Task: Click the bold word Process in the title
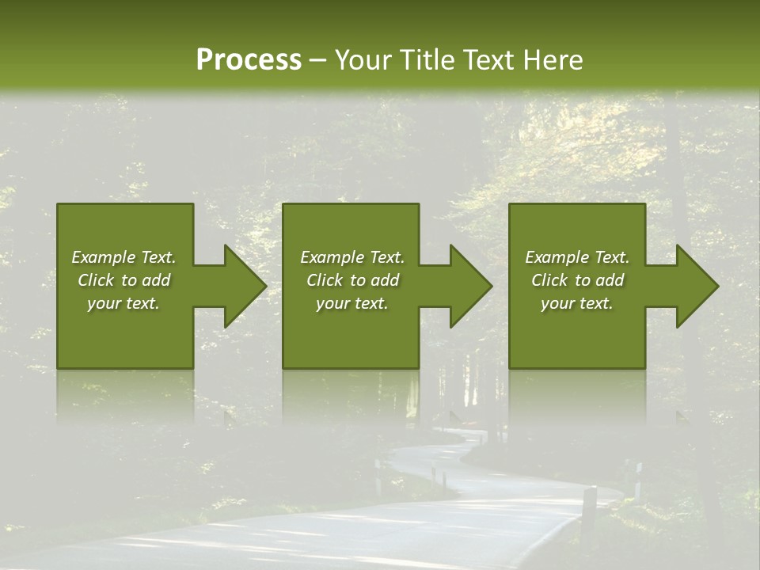(249, 60)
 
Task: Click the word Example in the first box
(103, 257)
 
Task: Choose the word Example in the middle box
(332, 257)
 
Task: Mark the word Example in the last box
(557, 257)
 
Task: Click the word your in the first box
(103, 303)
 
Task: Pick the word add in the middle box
(385, 280)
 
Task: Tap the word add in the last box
(610, 280)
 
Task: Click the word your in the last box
(557, 303)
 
